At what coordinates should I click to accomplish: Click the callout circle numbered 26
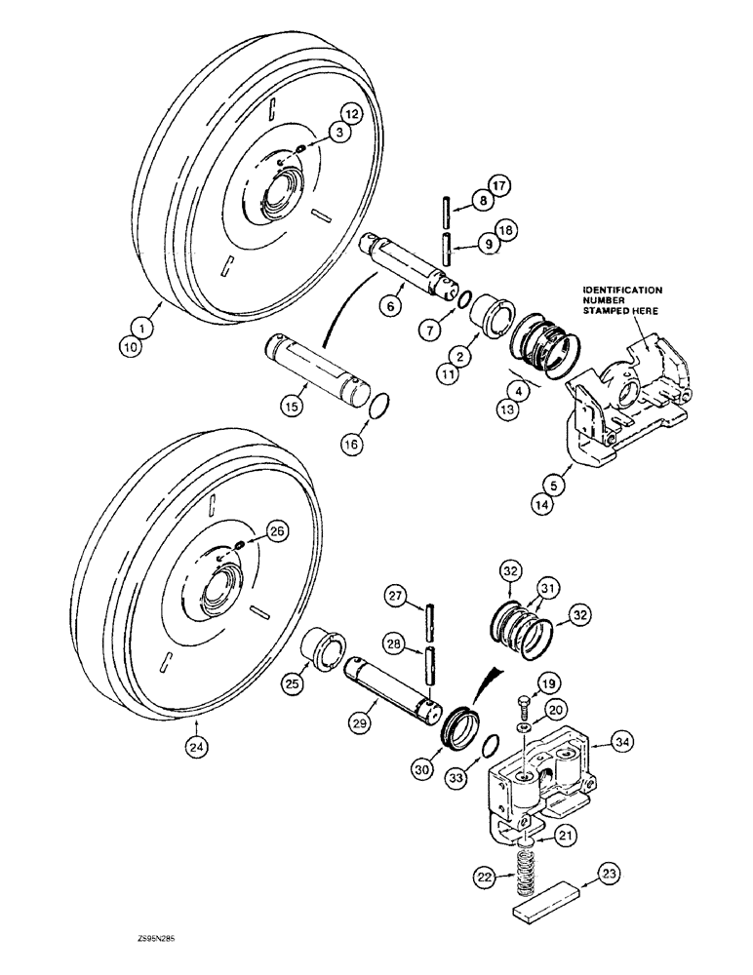point(278,531)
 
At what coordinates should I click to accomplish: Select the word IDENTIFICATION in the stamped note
point(623,290)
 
